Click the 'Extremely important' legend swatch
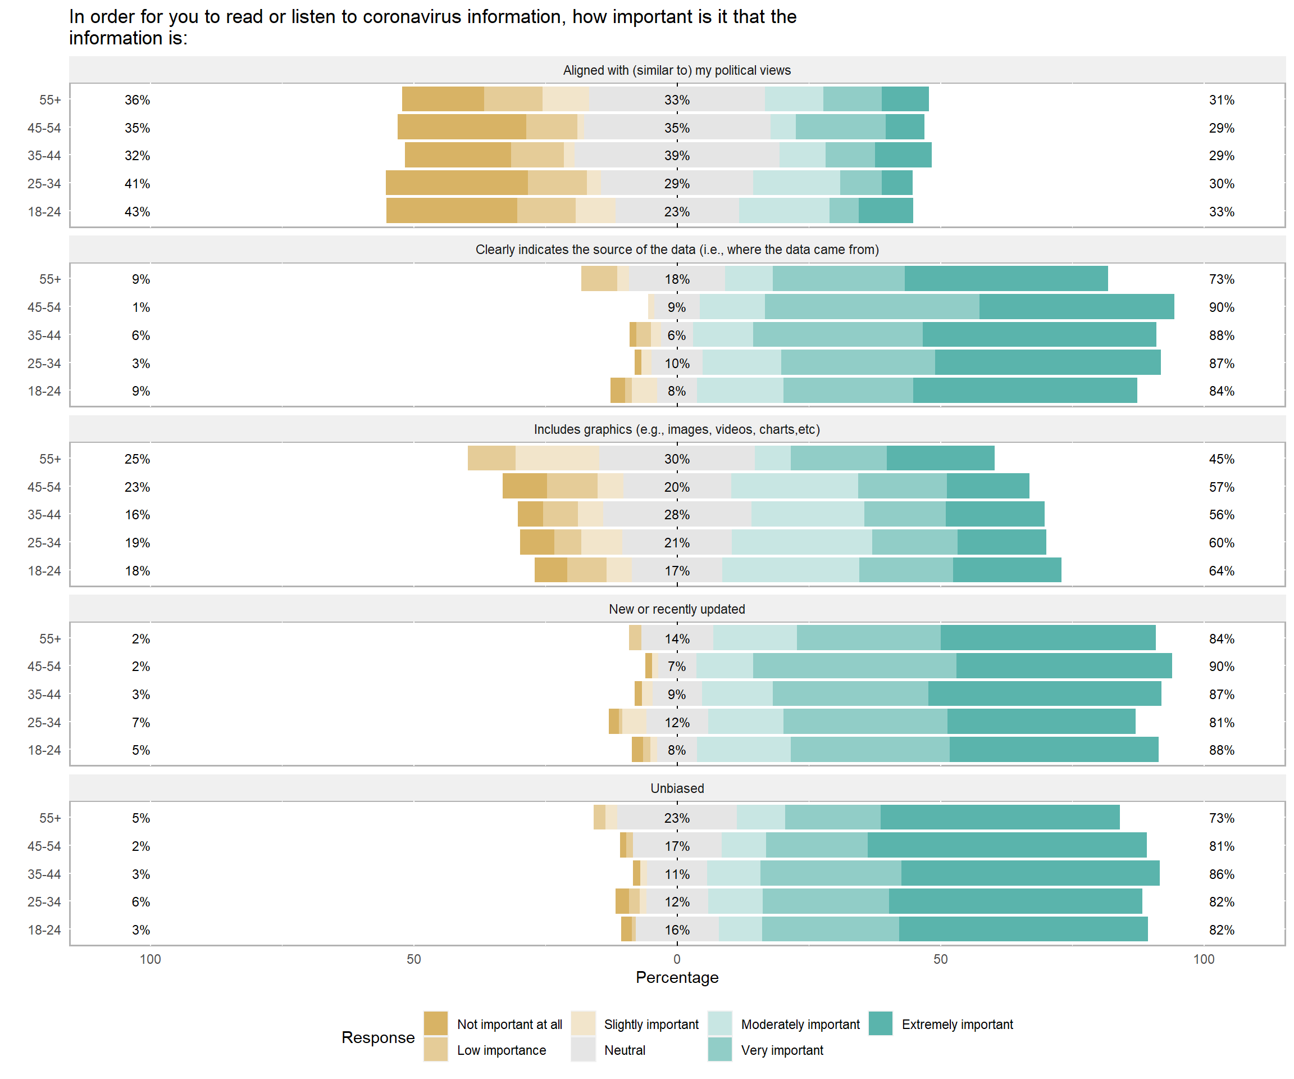[881, 1023]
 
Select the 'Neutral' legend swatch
[583, 1050]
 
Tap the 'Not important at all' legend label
[509, 1024]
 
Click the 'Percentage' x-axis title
[677, 977]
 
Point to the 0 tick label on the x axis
[677, 959]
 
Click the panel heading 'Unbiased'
[677, 788]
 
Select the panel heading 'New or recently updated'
[677, 609]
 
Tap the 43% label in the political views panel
[137, 211]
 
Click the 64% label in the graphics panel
[1222, 570]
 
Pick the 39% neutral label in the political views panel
[677, 155]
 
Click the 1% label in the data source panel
[140, 307]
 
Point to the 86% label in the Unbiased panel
[1222, 874]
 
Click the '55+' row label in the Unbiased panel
[50, 818]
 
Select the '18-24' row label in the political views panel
[44, 211]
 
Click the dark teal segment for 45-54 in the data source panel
[1076, 306]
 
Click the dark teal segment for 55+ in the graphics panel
[940, 458]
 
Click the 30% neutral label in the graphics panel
[677, 459]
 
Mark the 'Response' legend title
[378, 1037]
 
